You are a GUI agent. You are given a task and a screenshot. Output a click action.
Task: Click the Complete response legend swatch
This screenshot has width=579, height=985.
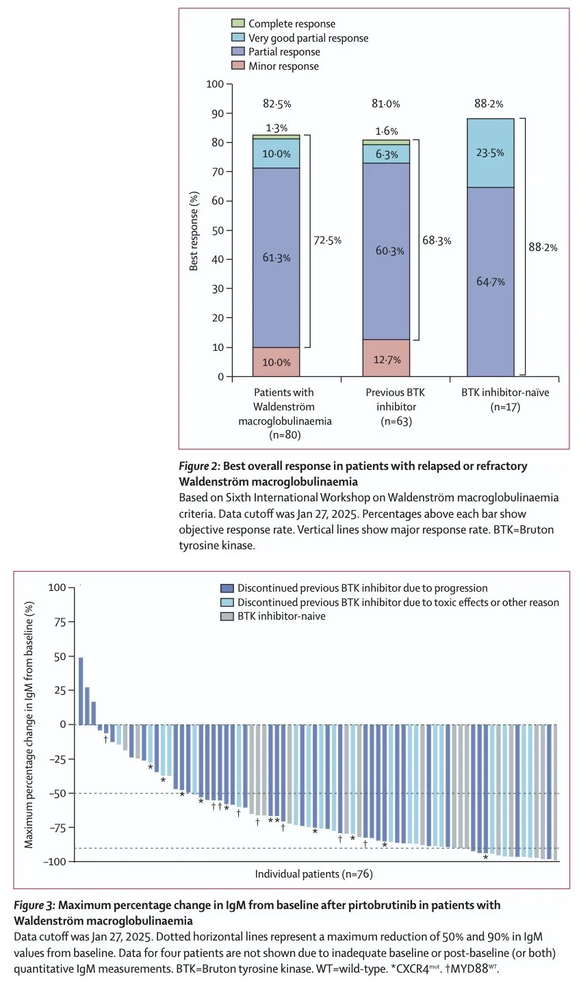(x=238, y=23)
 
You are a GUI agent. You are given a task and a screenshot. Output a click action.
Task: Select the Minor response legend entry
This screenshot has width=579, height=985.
(x=275, y=66)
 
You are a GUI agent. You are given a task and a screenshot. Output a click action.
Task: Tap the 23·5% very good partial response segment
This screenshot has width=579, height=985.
(x=491, y=153)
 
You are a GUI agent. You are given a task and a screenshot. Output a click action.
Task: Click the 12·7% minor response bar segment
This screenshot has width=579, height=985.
(x=386, y=358)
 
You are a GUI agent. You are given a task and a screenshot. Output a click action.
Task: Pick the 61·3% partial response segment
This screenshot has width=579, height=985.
(x=276, y=258)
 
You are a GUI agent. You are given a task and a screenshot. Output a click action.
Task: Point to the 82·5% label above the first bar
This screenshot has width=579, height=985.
(x=277, y=104)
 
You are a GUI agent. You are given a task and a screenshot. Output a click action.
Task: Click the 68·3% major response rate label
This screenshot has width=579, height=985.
(x=437, y=241)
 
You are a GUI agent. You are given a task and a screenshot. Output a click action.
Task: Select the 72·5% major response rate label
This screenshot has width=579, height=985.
(x=327, y=240)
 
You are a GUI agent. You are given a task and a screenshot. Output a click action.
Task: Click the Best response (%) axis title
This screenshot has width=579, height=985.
(x=194, y=231)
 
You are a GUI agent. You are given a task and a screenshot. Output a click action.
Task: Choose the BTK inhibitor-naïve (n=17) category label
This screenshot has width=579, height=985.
(x=505, y=399)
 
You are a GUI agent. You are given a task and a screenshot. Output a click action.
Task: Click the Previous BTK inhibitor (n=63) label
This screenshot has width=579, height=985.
(x=396, y=407)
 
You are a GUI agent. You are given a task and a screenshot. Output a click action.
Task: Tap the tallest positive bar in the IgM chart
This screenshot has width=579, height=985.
(x=81, y=691)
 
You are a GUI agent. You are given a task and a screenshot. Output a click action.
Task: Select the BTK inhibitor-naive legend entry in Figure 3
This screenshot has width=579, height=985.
(x=273, y=616)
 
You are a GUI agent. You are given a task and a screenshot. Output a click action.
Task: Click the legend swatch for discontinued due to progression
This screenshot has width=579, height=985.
(x=227, y=588)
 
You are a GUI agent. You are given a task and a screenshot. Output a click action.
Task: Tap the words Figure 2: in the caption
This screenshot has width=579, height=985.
(x=200, y=466)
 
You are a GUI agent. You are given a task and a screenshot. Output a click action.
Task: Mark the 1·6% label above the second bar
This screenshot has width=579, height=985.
(x=386, y=131)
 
